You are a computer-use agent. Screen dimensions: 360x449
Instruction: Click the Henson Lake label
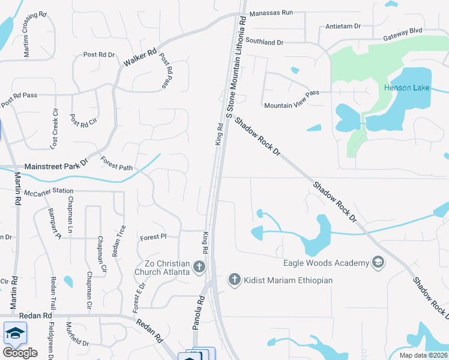[x=406, y=88]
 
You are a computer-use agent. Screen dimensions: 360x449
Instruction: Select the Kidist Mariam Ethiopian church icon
[x=235, y=280]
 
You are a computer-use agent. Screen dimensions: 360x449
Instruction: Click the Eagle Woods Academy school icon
[x=378, y=263]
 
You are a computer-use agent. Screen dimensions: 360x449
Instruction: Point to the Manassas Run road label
[x=271, y=12]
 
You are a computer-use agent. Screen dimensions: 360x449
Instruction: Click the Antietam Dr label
[x=343, y=26]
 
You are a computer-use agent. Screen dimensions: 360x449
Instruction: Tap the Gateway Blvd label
[x=409, y=31]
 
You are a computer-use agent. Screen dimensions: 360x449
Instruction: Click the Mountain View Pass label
[x=292, y=106]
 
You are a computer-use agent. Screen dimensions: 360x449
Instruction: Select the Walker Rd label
[x=140, y=57]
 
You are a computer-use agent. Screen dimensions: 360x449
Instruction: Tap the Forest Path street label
[x=116, y=164]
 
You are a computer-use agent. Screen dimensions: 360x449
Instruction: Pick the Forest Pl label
[x=153, y=237]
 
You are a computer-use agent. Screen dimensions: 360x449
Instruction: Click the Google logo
[x=20, y=353]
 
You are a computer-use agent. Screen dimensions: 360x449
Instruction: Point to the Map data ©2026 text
[x=423, y=355]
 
